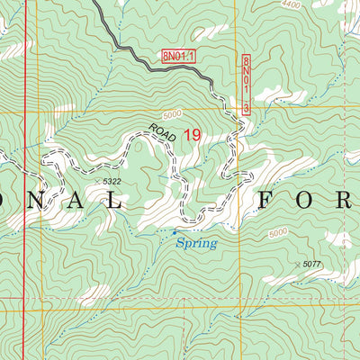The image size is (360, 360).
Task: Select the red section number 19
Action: tap(192, 135)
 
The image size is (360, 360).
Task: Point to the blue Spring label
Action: tap(195, 242)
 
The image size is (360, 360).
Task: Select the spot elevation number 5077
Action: tap(312, 264)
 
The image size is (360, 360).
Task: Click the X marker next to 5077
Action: tap(297, 264)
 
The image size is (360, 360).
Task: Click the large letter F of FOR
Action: tap(267, 200)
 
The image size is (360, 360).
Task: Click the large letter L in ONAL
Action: tap(114, 200)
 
